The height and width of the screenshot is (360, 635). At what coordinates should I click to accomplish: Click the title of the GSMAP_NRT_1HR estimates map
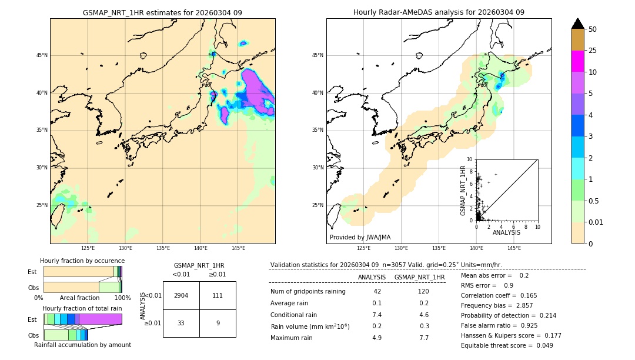162,12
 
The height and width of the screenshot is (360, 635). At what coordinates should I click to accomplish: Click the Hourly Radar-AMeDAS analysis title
439,12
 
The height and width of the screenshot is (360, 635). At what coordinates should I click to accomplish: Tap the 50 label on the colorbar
593,29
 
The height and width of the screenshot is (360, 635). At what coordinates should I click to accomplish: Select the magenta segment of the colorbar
577,61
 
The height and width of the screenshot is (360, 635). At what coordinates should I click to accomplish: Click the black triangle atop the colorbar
577,24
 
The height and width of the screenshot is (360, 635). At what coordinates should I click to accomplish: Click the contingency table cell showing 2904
181,295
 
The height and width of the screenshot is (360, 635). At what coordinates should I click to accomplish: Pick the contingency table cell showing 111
218,295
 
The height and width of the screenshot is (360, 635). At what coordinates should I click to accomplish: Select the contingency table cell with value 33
181,322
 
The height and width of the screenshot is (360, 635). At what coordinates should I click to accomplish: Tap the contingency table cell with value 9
218,322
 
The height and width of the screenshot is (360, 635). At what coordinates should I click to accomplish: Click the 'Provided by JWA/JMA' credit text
360,237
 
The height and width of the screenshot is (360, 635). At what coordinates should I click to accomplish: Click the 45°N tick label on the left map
42,55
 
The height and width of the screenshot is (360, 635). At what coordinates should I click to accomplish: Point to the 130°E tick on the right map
402,248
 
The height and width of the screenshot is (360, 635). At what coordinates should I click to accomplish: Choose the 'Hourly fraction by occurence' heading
82,261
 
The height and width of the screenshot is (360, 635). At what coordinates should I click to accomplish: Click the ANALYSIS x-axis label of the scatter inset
506,232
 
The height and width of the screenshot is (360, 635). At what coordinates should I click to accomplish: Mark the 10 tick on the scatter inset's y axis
470,159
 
